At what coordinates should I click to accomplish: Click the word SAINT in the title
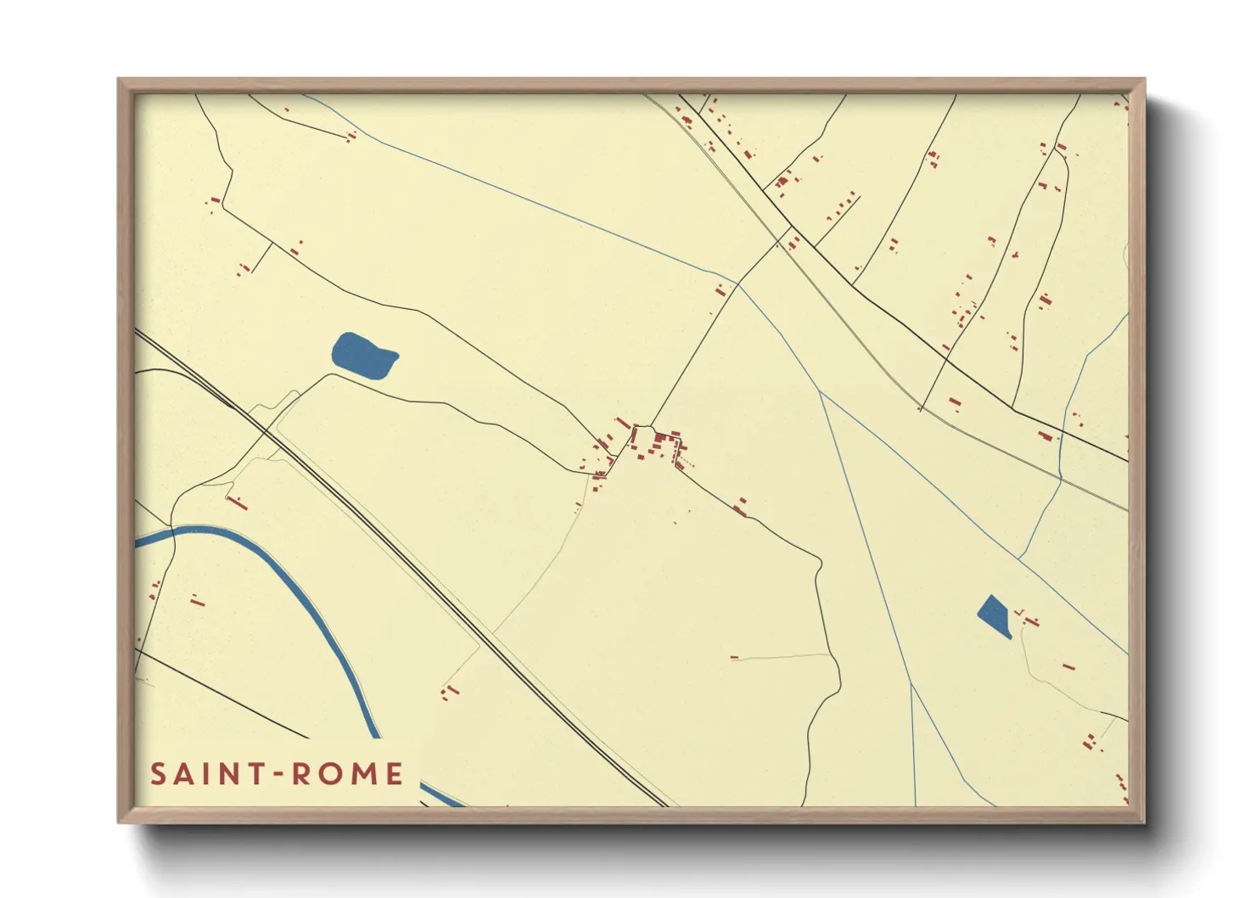coord(205,774)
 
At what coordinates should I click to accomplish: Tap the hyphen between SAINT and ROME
coord(278,775)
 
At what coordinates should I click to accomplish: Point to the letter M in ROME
coord(370,774)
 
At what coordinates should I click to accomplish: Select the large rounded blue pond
coord(363,356)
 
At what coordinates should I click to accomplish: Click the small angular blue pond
coord(995,615)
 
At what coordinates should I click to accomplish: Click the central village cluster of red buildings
coord(658,444)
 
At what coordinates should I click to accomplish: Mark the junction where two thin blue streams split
coord(820,391)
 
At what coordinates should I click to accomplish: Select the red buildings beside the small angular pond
coord(1029,619)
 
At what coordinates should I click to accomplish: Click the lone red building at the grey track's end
coord(735,657)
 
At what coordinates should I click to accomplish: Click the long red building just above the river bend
coord(237,502)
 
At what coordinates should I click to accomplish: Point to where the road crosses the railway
coord(266,432)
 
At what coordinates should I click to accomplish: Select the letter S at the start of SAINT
coord(158,774)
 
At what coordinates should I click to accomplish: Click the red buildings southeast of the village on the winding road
coord(741,507)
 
